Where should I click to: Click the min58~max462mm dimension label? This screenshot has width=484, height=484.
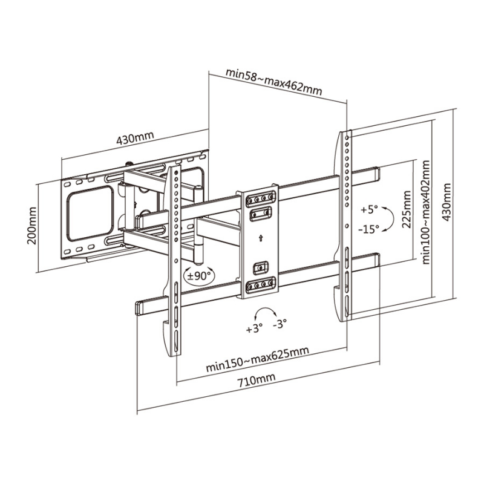[274, 82]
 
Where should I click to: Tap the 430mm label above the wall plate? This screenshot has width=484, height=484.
[135, 138]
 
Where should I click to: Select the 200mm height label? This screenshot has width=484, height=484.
[32, 226]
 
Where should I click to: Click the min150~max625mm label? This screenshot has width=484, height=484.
[258, 359]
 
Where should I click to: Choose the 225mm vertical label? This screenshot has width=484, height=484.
[407, 209]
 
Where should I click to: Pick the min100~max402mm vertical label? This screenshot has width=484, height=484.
[426, 212]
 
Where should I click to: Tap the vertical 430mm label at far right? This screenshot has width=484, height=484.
[446, 203]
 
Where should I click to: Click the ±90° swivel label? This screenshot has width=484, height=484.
[200, 276]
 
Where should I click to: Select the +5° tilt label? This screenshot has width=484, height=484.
[369, 210]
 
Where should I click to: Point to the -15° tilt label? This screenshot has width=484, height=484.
[368, 229]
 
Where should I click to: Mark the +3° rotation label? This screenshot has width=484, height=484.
[254, 329]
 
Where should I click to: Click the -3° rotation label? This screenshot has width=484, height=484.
[280, 324]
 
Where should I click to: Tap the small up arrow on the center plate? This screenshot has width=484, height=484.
[261, 238]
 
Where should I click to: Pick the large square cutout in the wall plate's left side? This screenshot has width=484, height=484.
[90, 214]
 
